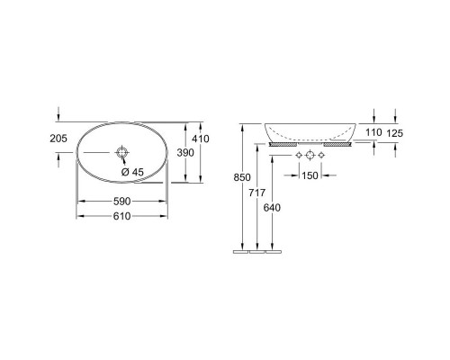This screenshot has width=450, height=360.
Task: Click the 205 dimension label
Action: (x=58, y=139)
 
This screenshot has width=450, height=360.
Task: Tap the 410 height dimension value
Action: (x=201, y=139)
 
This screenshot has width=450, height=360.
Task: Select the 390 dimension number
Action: (x=185, y=153)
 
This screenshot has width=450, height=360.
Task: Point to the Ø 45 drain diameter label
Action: (x=132, y=172)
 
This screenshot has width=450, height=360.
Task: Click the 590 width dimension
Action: (x=122, y=202)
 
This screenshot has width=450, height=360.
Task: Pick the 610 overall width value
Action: (x=122, y=216)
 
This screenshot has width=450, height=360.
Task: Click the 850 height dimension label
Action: (x=242, y=177)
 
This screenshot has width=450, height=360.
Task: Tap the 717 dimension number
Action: (x=257, y=193)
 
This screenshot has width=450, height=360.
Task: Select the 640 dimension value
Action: (x=272, y=208)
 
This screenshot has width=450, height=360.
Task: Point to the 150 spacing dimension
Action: (x=310, y=175)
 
